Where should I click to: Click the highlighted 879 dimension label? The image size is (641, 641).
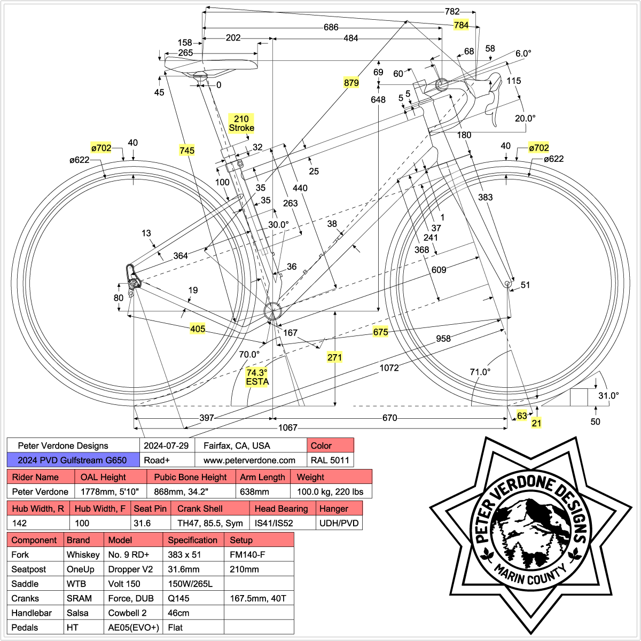tap(351, 83)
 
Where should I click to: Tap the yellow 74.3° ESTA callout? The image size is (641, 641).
tap(257, 377)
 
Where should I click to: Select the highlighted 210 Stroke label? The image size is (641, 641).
tap(241, 123)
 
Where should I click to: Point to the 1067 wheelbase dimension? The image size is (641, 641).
tap(288, 428)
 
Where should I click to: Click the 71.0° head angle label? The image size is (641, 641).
tap(480, 372)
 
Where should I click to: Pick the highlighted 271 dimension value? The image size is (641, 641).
tap(334, 357)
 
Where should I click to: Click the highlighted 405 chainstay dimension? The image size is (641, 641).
tap(198, 329)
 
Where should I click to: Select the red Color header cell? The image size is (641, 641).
tap(331, 445)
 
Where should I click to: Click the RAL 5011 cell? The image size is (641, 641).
tap(331, 460)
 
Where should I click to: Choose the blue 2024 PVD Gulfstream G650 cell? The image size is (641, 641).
tap(73, 460)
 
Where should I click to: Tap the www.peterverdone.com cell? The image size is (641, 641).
tap(249, 460)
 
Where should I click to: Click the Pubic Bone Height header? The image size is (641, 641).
tap(191, 477)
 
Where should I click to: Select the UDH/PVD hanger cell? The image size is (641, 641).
tap(339, 523)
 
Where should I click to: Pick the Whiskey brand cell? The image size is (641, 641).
tap(83, 554)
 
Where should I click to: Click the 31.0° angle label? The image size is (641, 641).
tap(608, 396)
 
